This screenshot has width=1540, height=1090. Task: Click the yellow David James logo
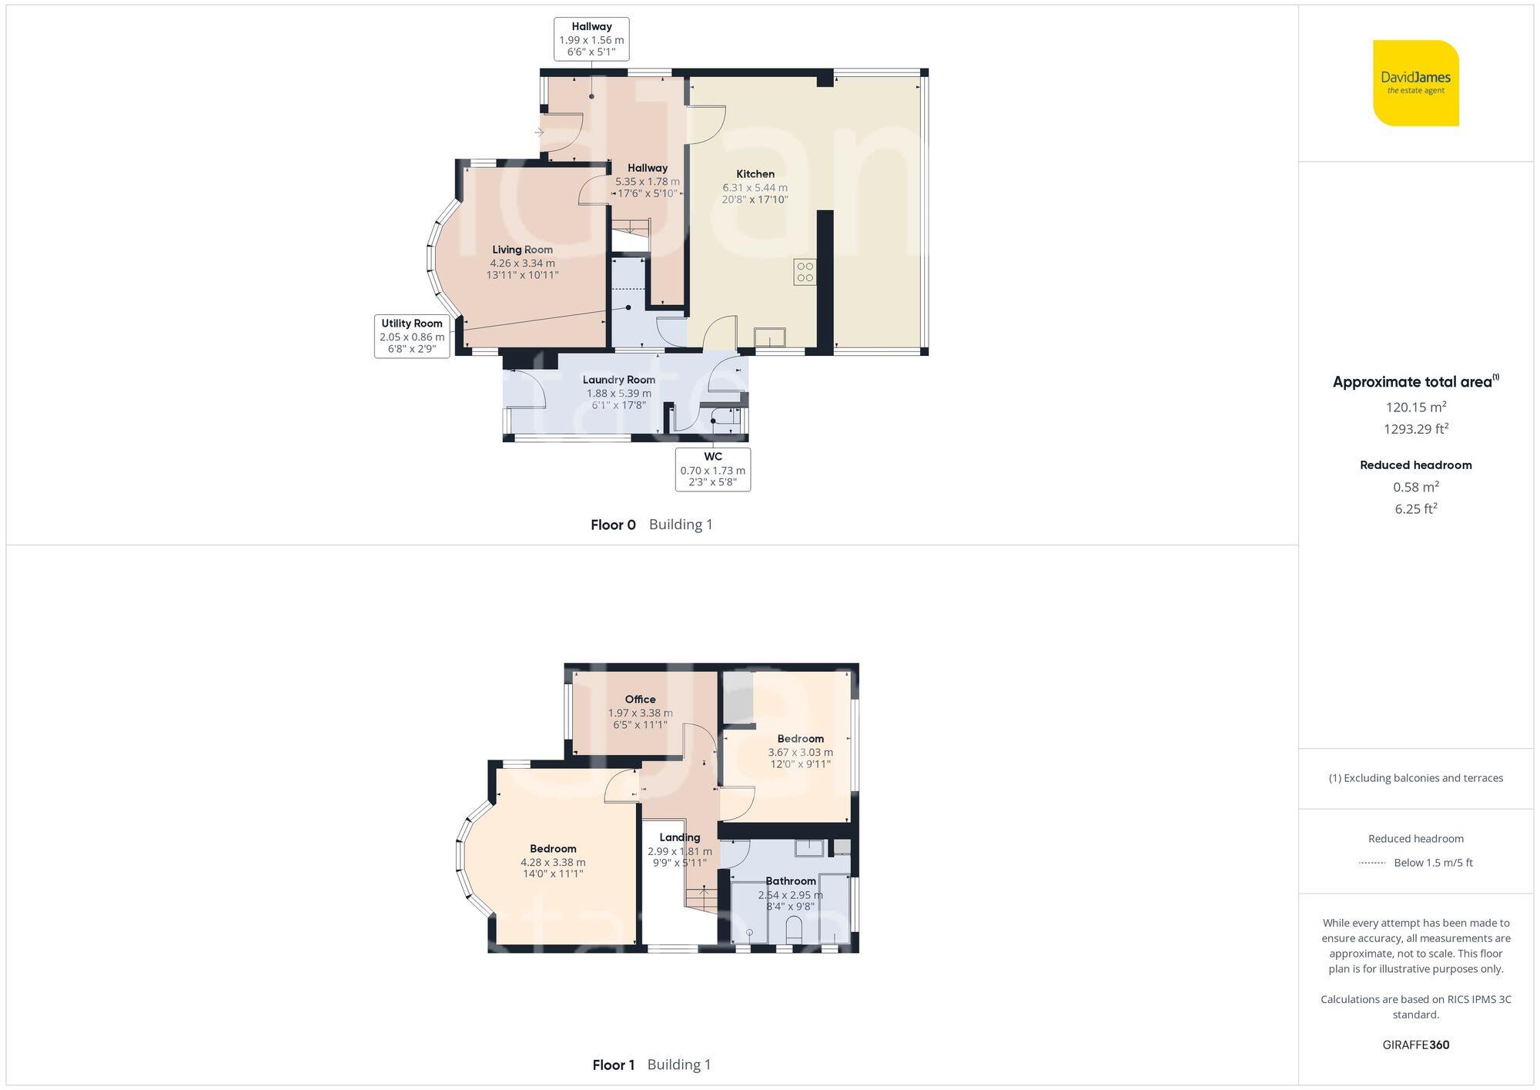tap(1415, 83)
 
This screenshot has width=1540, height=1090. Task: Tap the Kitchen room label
tap(755, 174)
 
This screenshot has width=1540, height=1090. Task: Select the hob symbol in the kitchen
tap(805, 272)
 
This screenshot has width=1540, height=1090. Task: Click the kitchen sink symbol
tap(769, 337)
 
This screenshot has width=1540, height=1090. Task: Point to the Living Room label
tap(522, 250)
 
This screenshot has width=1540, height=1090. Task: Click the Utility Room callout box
tap(412, 336)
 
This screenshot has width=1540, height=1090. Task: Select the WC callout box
tap(712, 469)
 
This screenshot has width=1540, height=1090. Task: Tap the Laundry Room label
tap(618, 380)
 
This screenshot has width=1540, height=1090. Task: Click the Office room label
tap(640, 699)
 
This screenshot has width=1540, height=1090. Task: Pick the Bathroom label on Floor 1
tap(790, 881)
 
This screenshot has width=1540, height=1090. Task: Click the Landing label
tap(679, 837)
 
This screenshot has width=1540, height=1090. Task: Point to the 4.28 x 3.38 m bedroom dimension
tap(553, 863)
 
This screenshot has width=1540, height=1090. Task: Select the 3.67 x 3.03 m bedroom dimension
tap(800, 753)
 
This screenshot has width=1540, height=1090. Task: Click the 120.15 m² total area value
tap(1415, 407)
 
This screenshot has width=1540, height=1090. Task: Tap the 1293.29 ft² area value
tap(1415, 429)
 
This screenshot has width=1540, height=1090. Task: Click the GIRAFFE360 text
tap(1415, 1045)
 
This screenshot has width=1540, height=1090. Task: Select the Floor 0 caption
tap(613, 525)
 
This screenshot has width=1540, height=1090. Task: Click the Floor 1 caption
tap(613, 1065)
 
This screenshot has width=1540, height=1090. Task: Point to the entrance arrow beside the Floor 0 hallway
tap(539, 132)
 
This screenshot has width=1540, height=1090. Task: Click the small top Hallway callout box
tap(591, 39)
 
